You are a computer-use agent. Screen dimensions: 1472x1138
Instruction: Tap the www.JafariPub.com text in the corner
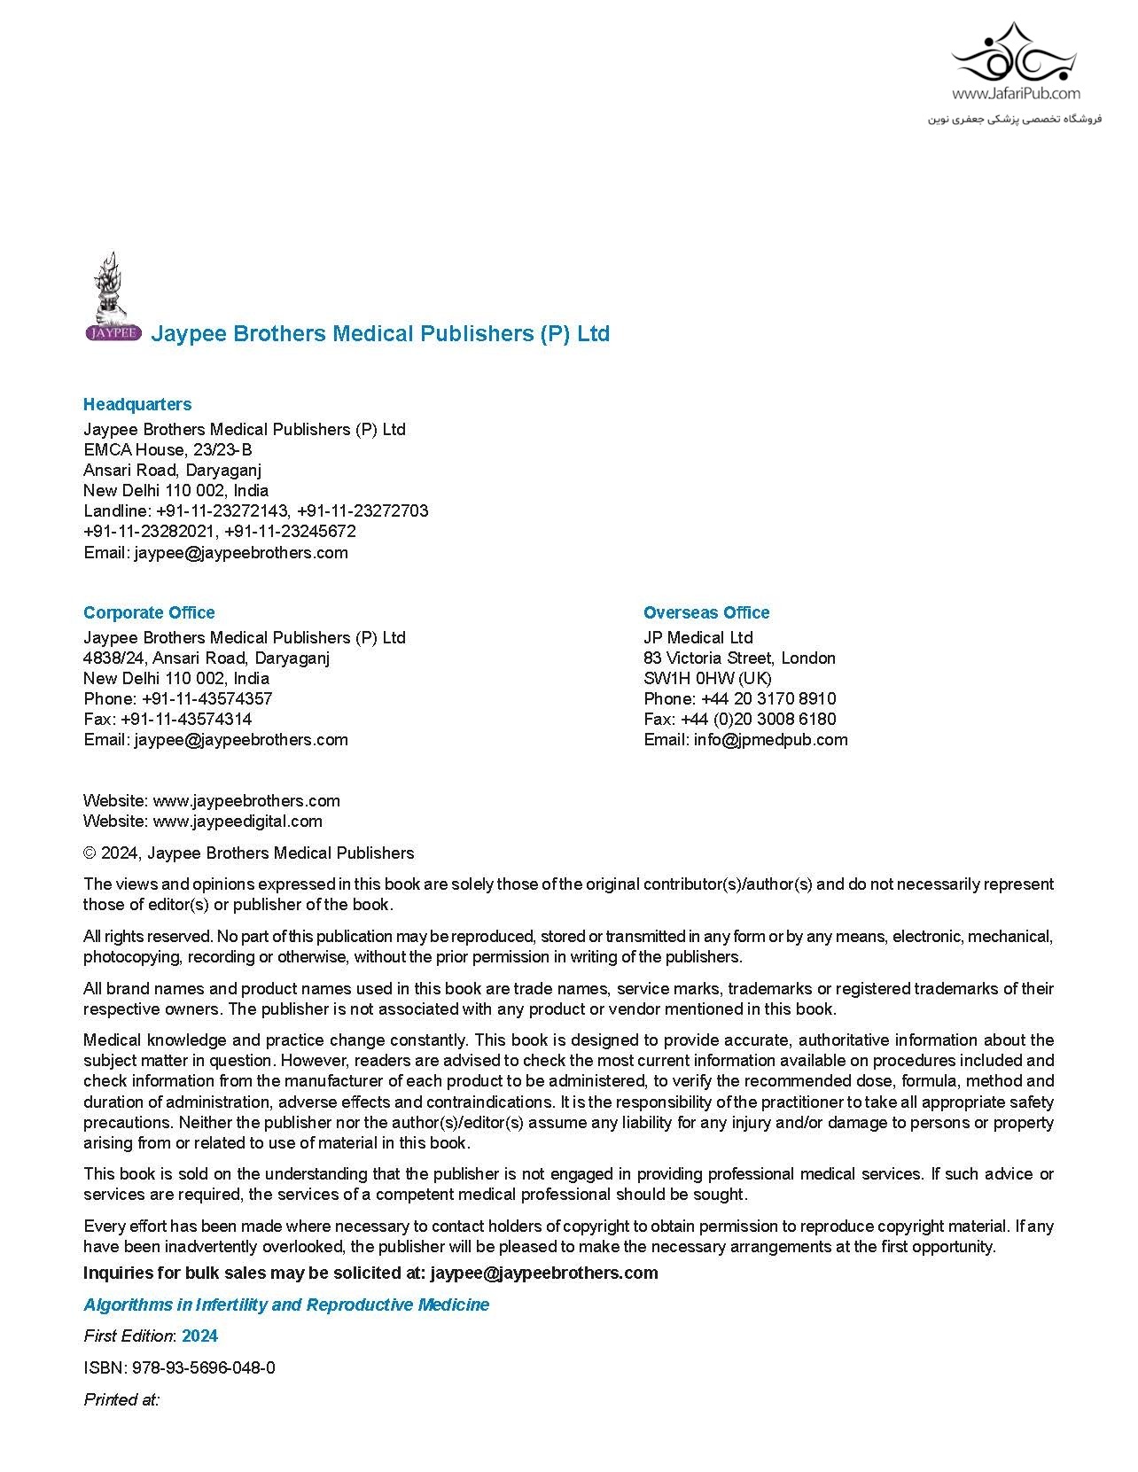point(1016,93)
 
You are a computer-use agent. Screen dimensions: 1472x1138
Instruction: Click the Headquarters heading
point(137,404)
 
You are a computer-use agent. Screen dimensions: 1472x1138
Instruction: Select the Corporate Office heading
point(149,612)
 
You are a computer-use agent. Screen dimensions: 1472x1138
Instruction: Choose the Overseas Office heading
point(706,612)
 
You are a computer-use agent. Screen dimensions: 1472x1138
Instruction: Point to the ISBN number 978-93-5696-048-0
point(203,1367)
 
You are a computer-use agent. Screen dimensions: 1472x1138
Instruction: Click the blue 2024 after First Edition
point(200,1336)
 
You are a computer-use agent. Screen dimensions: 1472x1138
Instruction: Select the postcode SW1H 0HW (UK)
point(707,678)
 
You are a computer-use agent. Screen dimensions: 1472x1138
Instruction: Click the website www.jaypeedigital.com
point(238,821)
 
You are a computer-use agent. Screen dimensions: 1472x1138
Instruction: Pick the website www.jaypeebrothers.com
point(246,800)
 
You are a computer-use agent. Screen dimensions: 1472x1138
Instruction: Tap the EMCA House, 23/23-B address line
point(168,449)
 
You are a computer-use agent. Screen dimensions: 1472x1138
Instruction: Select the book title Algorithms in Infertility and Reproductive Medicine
point(286,1305)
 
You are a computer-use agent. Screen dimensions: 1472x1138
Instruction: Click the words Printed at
point(121,1399)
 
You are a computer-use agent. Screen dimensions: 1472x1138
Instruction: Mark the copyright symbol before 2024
point(90,853)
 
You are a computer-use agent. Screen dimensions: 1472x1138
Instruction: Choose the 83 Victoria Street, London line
point(739,658)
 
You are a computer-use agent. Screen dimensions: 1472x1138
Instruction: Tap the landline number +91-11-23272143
point(222,510)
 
